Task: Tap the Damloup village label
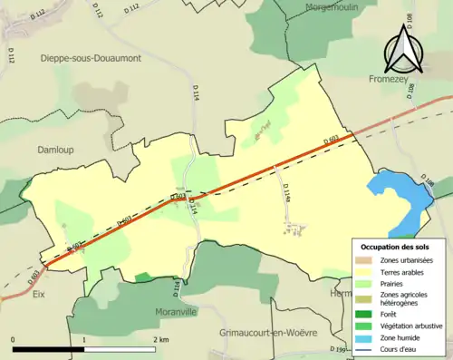pyautogui.click(x=55, y=149)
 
